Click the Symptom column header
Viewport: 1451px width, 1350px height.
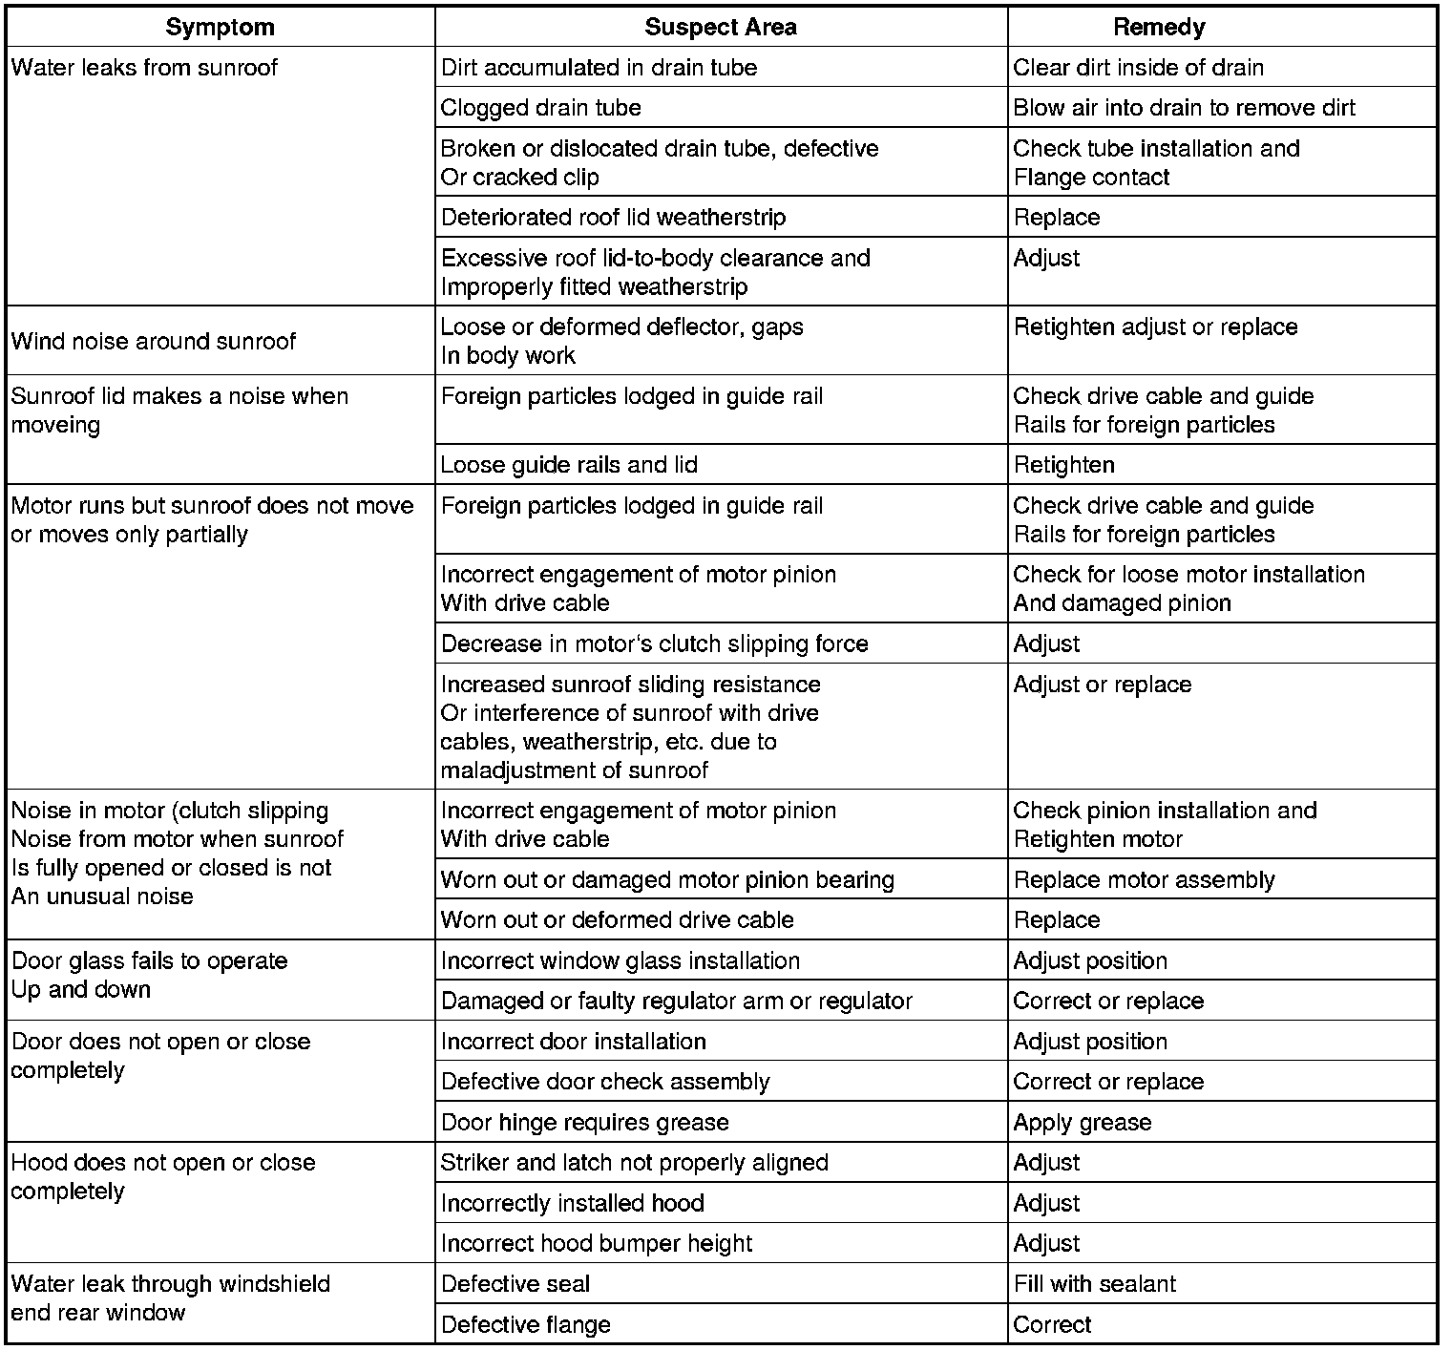point(220,28)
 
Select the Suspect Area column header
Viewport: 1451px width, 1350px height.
point(721,28)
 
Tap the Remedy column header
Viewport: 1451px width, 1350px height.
point(1159,28)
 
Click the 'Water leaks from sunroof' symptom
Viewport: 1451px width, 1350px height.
point(144,68)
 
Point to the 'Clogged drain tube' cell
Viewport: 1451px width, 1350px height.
point(541,108)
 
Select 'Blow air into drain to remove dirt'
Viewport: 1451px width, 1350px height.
point(1184,108)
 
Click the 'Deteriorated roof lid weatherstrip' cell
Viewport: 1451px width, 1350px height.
point(613,218)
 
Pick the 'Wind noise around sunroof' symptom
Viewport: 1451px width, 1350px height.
point(154,341)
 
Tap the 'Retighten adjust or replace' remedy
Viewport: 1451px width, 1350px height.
point(1155,327)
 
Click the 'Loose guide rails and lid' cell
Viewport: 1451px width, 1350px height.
point(569,465)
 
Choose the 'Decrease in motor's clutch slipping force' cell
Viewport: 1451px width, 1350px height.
point(655,644)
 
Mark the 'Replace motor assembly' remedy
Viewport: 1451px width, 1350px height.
point(1144,880)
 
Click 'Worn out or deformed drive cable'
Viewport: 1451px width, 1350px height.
point(617,920)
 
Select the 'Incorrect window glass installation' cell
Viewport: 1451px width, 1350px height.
point(620,961)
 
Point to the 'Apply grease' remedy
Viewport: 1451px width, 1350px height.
point(1083,1123)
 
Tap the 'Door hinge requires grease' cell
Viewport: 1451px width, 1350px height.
point(584,1123)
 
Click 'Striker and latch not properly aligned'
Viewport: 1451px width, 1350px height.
point(634,1163)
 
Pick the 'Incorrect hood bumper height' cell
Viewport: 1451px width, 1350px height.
point(597,1244)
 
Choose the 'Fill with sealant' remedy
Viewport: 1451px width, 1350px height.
point(1095,1285)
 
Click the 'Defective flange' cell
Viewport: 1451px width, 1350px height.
point(526,1325)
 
